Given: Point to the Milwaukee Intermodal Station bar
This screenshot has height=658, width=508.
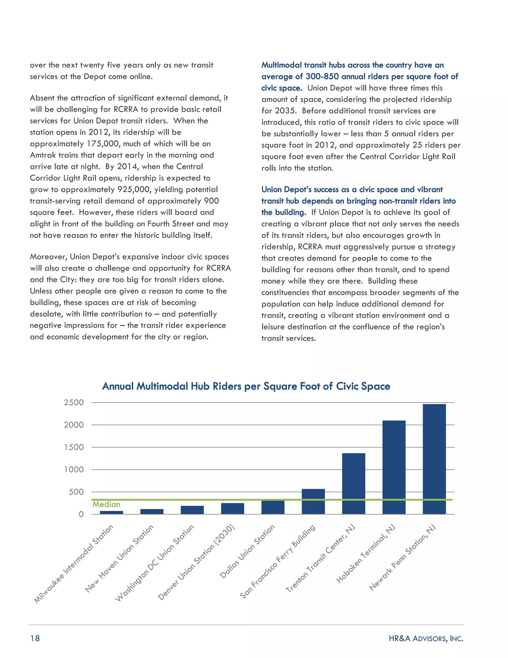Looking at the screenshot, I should point(111,512).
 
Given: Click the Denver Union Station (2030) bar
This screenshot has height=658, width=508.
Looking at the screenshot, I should point(232,509).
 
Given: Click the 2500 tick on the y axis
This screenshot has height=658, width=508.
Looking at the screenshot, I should point(74,402).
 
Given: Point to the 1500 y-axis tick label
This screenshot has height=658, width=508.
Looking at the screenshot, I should point(74,447).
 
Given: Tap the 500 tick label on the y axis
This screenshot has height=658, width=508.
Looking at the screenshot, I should point(76,492).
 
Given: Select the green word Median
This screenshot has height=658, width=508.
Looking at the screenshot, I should point(106,504).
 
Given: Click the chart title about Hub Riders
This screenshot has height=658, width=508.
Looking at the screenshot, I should point(246,386).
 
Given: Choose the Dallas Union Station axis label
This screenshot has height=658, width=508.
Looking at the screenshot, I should point(247,552).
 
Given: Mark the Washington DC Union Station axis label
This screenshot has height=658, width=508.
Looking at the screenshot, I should point(154,563).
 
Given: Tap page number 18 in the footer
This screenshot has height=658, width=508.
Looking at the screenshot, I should point(35,638).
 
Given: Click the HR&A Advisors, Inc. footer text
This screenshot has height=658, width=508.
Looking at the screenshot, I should point(426,638).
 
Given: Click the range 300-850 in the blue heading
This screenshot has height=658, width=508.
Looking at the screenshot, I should point(322,76).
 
